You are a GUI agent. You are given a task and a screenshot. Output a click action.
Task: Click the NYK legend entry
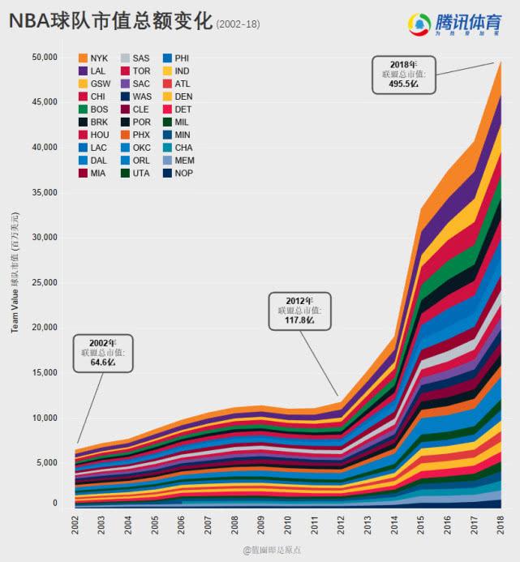[92, 58]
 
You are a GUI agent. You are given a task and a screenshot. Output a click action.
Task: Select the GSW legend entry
[92, 84]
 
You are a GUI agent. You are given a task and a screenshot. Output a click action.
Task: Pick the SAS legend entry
[135, 58]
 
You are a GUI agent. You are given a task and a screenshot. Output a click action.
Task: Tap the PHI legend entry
[176, 58]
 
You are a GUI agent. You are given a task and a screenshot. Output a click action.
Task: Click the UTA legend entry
[135, 173]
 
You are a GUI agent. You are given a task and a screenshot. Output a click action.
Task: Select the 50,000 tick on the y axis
[44, 58]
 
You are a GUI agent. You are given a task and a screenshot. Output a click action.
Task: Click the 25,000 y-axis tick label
[44, 282]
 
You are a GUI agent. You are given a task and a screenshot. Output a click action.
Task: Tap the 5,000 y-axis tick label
[46, 463]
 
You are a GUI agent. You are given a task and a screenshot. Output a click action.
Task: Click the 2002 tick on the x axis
[75, 524]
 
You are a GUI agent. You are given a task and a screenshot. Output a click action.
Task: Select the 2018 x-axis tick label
[501, 524]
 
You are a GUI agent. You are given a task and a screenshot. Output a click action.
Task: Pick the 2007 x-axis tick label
[208, 524]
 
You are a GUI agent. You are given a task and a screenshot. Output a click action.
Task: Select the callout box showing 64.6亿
[103, 353]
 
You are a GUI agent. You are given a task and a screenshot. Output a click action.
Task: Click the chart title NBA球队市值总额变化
[110, 22]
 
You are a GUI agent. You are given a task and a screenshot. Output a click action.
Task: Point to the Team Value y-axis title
[15, 272]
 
